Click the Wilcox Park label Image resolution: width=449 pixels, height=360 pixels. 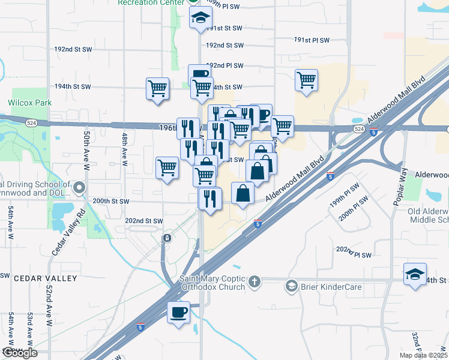[30, 103]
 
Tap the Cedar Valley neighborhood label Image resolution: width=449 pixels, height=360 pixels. [46, 278]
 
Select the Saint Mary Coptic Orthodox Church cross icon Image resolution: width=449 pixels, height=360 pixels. [255, 281]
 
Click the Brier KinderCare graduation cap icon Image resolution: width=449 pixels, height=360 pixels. [292, 287]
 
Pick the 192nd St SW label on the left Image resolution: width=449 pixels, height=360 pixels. [72, 66]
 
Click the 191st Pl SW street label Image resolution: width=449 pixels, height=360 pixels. [312, 40]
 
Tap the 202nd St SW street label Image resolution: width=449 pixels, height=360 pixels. [144, 221]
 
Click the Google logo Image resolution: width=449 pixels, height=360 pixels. [19, 353]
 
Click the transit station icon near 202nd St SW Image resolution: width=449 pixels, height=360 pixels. [167, 238]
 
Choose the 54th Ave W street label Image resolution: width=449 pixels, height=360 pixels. [11, 222]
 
